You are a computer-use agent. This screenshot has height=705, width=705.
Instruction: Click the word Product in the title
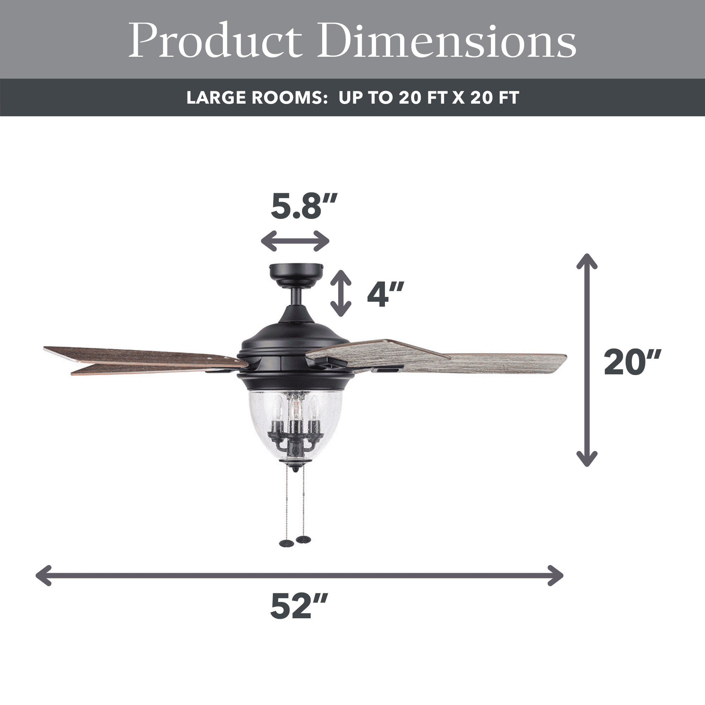[x=215, y=40]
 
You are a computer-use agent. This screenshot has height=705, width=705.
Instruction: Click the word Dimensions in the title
[x=447, y=40]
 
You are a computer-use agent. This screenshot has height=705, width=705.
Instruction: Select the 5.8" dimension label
[x=304, y=206]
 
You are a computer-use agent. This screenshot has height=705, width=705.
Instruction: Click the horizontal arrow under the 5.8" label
[x=295, y=241]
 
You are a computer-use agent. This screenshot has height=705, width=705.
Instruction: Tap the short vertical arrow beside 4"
[x=341, y=293]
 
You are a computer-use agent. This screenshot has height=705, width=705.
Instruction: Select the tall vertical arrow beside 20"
[x=587, y=360]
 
